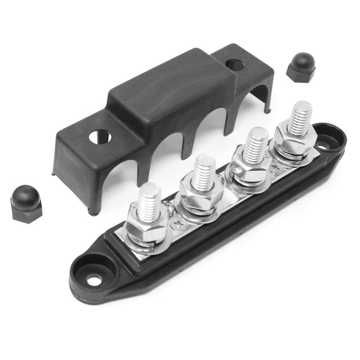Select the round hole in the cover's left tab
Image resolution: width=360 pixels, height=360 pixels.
pos(99,136)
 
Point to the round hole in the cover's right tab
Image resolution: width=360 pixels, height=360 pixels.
pos(235,64)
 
